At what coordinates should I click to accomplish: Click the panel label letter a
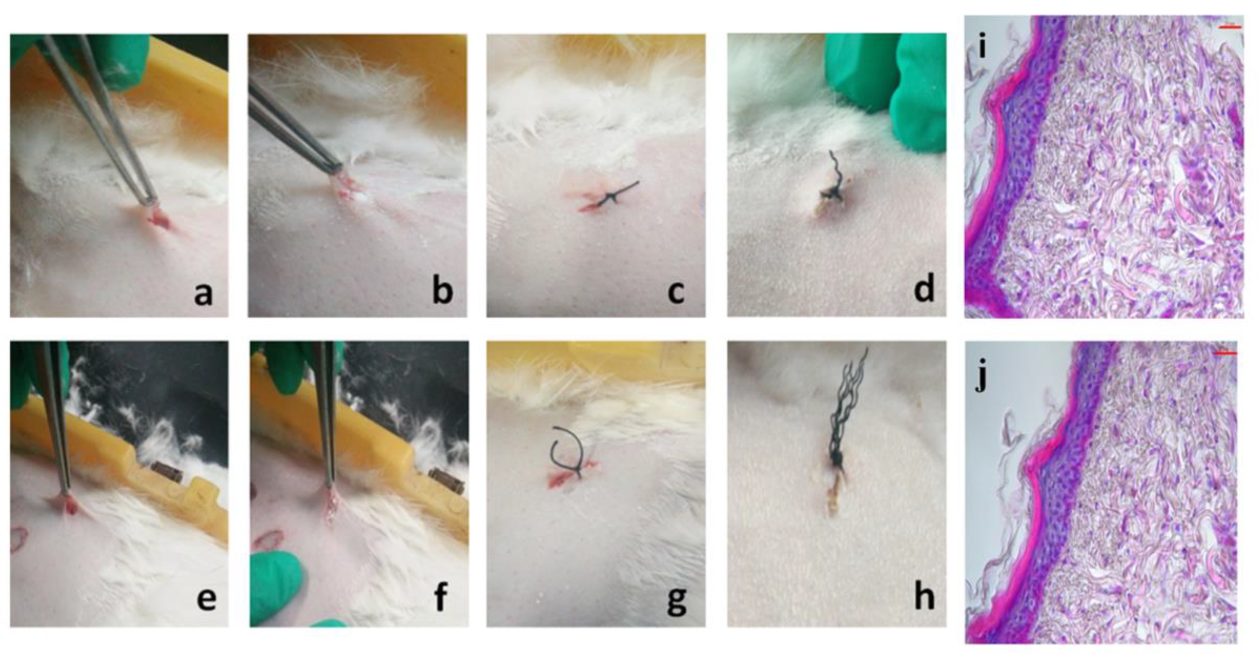pyautogui.click(x=204, y=294)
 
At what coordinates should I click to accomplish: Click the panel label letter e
pyautogui.click(x=206, y=600)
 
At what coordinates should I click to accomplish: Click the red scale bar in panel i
pyautogui.click(x=1230, y=27)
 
